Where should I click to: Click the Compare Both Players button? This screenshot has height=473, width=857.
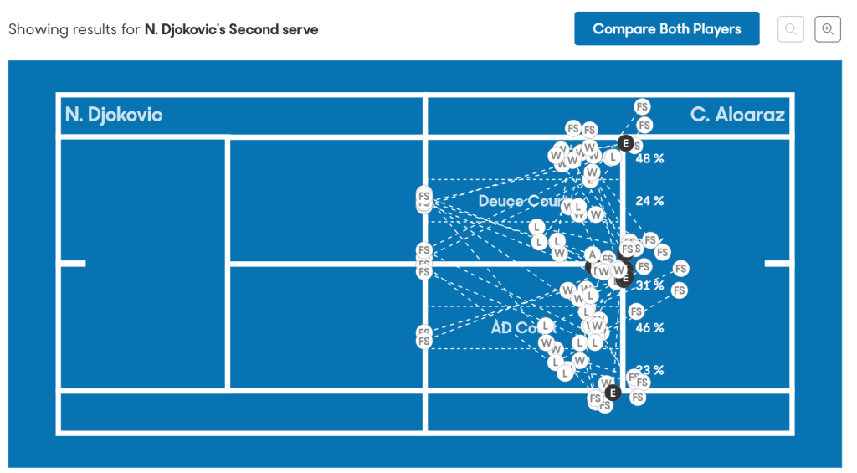666,28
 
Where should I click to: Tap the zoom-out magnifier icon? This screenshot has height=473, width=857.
790,29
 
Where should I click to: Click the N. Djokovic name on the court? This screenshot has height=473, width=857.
114,115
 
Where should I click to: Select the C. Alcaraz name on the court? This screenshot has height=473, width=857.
737,115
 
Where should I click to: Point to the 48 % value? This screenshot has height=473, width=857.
649,158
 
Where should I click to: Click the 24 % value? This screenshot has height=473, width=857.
649,201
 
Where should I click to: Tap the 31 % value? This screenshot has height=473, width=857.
649,285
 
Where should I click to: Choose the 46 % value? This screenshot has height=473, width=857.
649,327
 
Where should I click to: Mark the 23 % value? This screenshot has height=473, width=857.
649,370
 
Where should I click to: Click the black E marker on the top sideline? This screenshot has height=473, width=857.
624,143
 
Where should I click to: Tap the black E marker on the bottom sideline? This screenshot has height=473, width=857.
612,393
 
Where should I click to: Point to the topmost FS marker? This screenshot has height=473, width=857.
642,107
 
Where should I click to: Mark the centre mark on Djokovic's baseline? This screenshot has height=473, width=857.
74,264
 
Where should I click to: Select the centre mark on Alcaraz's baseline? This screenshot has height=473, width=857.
777,264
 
